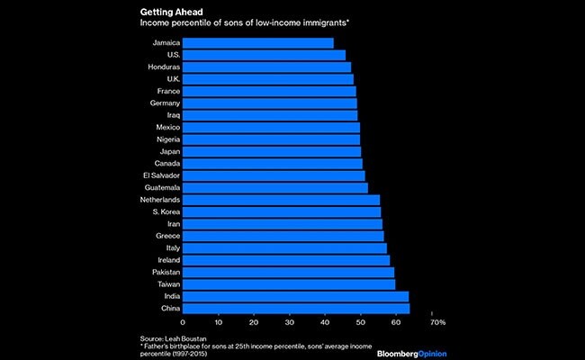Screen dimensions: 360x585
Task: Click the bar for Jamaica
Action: coord(257,43)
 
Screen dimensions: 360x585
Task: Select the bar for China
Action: coord(295,309)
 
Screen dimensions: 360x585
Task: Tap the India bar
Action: coord(295,296)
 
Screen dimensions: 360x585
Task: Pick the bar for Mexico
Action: coord(271,128)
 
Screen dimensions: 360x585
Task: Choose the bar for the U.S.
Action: coord(264,55)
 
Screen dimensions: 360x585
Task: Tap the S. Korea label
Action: coord(165,211)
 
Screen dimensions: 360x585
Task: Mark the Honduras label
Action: coord(164,67)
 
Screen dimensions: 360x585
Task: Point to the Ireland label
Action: coord(167,260)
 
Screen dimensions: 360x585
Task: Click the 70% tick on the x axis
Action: coord(436,322)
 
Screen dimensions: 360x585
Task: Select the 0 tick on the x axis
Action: coord(183,322)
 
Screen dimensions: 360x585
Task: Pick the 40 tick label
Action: coord(324,322)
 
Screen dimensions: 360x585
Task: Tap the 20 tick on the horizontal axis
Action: coord(253,322)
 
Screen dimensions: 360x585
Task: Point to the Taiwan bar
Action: coord(289,284)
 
